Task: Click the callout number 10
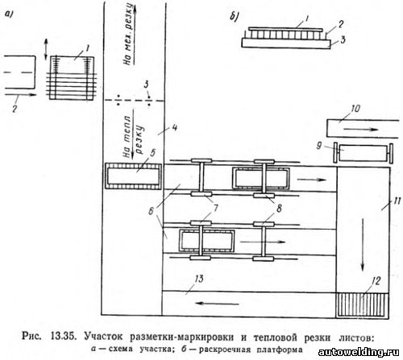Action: coord(355,109)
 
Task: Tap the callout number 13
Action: coord(199,279)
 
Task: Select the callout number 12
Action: coord(376,281)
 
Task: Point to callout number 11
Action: coord(397,201)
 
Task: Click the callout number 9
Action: coord(319,146)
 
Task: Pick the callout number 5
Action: coord(152,153)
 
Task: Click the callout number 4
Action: coord(174,128)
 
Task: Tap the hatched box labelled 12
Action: coord(362,306)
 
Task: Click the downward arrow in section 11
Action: coord(363,245)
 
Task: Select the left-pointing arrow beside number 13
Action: coord(217,304)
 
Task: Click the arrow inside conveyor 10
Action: coord(361,130)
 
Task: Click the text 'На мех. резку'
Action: coord(128,35)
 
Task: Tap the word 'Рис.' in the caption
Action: coord(31,337)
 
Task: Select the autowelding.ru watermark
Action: coord(359,352)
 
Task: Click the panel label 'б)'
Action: coord(235,17)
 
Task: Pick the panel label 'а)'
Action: coord(10,14)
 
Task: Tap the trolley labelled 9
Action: coord(364,153)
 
